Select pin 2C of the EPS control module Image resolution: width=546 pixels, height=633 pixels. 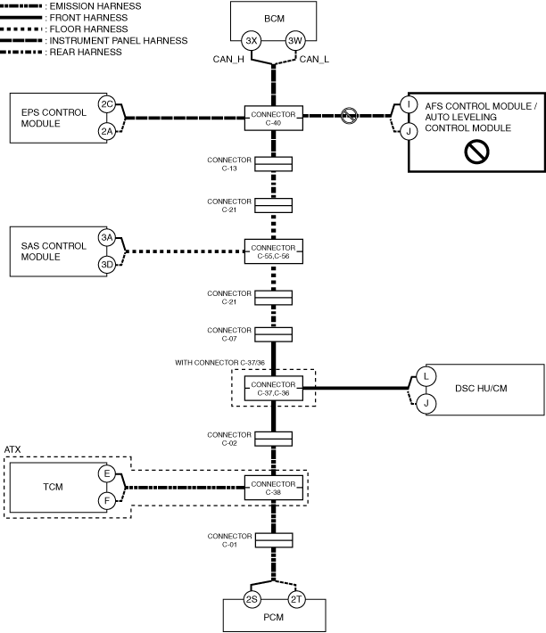click(x=106, y=104)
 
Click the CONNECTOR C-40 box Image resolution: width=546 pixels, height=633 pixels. click(x=274, y=118)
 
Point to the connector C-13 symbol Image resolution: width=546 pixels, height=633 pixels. click(x=274, y=163)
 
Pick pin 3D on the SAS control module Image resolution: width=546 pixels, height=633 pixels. click(x=106, y=265)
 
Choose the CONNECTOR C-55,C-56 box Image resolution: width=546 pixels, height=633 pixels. click(x=274, y=251)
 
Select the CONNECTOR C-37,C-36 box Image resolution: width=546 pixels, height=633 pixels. click(x=274, y=387)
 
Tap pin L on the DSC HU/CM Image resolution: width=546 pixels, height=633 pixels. click(x=426, y=376)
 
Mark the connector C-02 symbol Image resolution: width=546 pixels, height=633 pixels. click(x=274, y=439)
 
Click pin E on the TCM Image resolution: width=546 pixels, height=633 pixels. click(x=106, y=474)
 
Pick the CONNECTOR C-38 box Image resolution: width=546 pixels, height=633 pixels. click(x=274, y=488)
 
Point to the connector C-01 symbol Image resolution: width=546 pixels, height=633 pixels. click(x=274, y=540)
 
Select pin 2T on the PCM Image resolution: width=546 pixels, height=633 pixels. click(x=296, y=600)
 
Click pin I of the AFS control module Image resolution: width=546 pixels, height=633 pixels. click(x=409, y=104)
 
